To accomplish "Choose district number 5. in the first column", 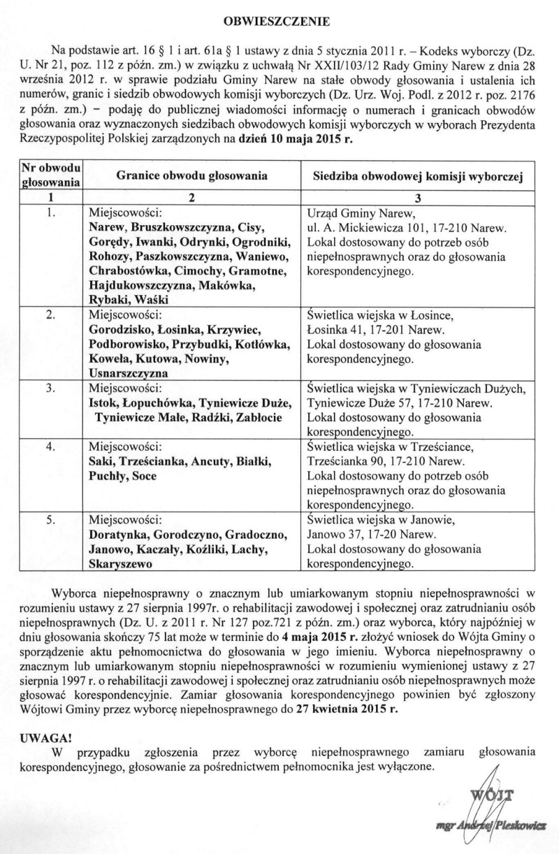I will coord(51,520).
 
